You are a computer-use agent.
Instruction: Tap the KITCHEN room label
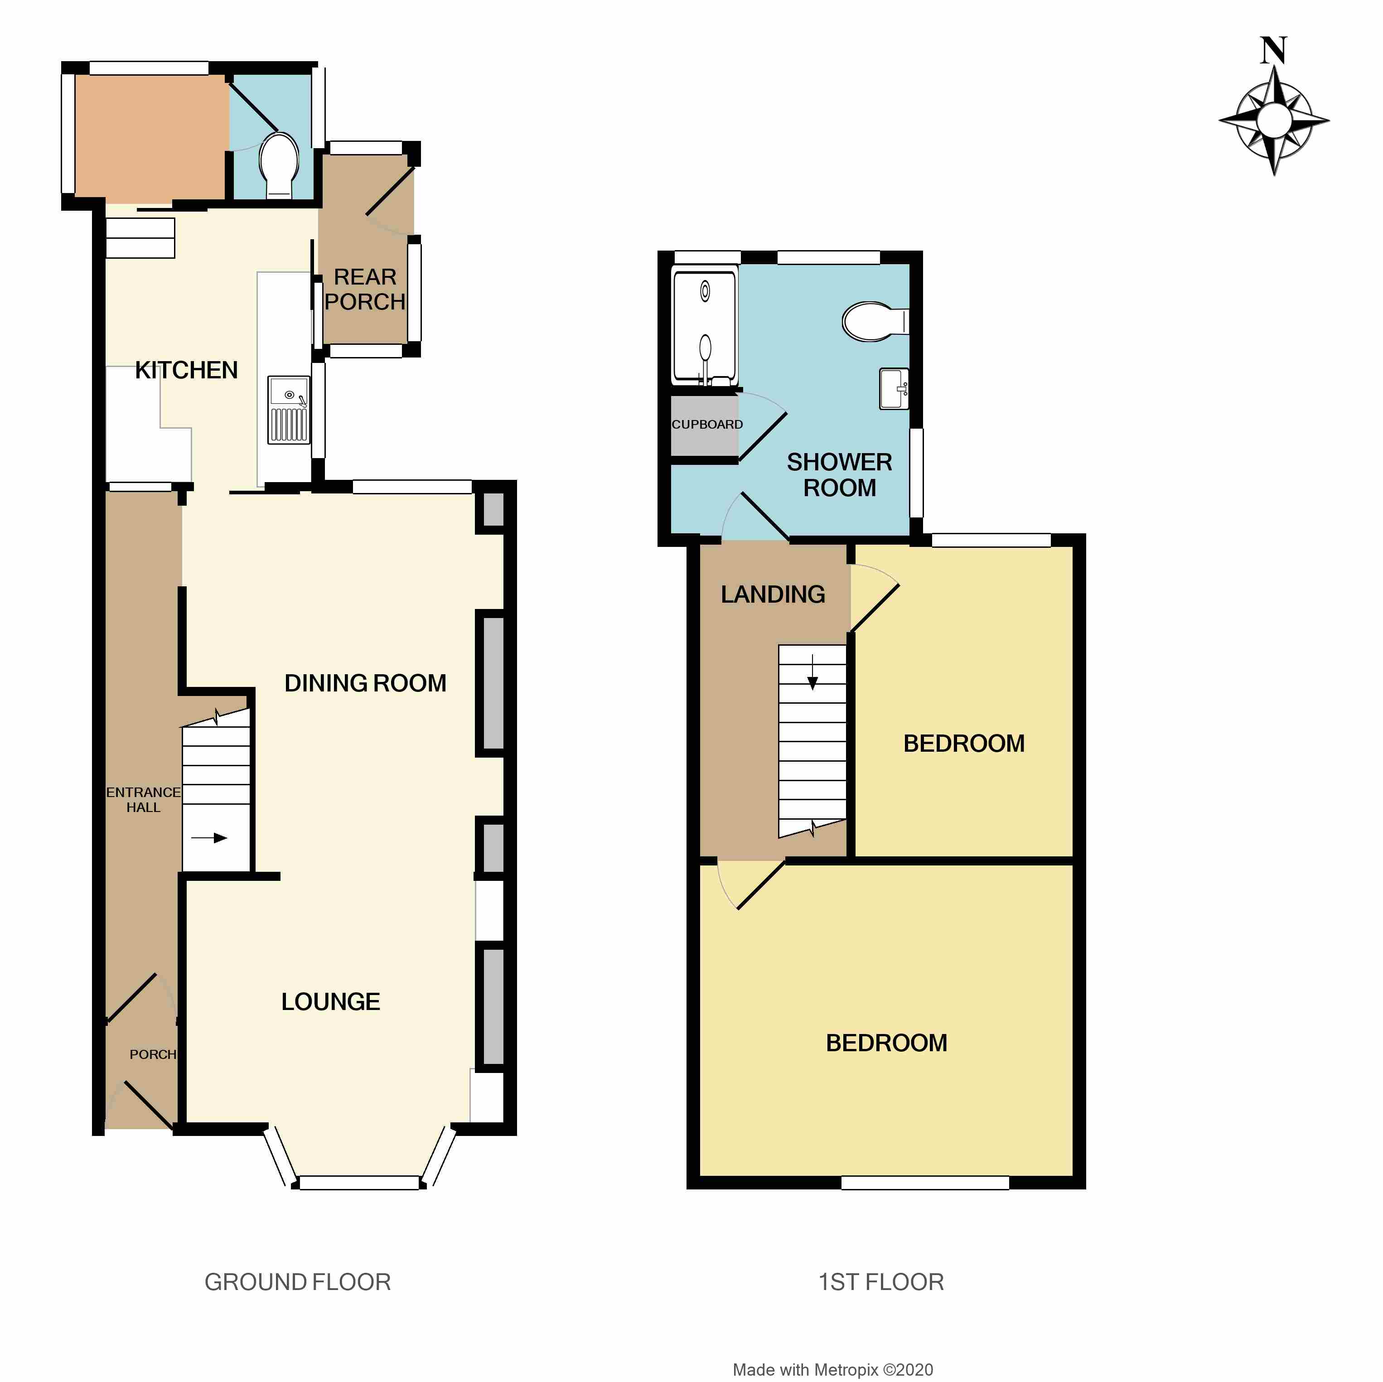[186, 370]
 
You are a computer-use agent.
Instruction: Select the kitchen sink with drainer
[289, 410]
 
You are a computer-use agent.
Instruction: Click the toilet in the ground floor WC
[279, 164]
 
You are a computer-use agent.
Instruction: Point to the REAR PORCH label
[365, 289]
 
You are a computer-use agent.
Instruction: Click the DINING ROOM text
[365, 683]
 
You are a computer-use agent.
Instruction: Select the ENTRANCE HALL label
[143, 799]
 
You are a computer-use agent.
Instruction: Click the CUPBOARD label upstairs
[706, 425]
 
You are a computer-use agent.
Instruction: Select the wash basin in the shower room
[893, 389]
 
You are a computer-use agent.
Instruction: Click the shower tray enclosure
[704, 326]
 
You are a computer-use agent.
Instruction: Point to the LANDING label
[773, 594]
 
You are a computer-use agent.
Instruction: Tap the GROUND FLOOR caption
[298, 1282]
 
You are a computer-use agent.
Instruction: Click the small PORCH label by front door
[152, 1054]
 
